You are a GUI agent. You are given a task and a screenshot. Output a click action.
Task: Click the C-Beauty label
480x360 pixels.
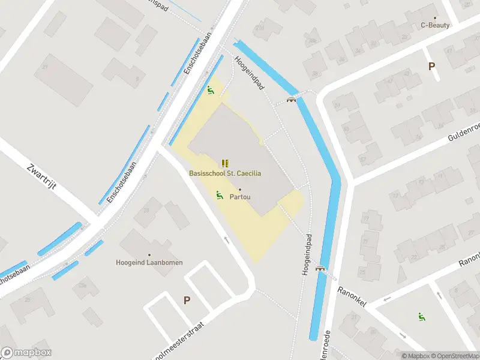pos(435,25)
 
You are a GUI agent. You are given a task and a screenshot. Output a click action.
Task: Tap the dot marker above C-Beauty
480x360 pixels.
pos(435,17)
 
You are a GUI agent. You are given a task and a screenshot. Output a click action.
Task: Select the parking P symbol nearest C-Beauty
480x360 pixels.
pos(431,67)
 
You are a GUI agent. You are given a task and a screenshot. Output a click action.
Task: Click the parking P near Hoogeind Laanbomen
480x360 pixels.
pos(187,300)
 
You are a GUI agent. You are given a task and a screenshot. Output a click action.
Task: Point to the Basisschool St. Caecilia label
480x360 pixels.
pos(225,173)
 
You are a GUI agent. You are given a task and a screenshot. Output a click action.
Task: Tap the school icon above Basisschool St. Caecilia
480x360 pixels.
pos(225,163)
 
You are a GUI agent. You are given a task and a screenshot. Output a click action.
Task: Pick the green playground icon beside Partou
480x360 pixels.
pos(220,195)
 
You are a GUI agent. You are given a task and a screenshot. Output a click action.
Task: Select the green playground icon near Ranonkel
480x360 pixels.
pos(422,317)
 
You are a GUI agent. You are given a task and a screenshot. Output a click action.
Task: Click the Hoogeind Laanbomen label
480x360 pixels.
pos(149,262)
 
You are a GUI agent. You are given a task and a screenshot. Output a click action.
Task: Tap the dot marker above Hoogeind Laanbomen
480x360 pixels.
pos(149,254)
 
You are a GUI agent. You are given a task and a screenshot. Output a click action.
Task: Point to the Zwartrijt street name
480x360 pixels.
pos(42,177)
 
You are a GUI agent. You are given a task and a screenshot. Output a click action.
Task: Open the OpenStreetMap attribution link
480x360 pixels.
pos(454,356)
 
